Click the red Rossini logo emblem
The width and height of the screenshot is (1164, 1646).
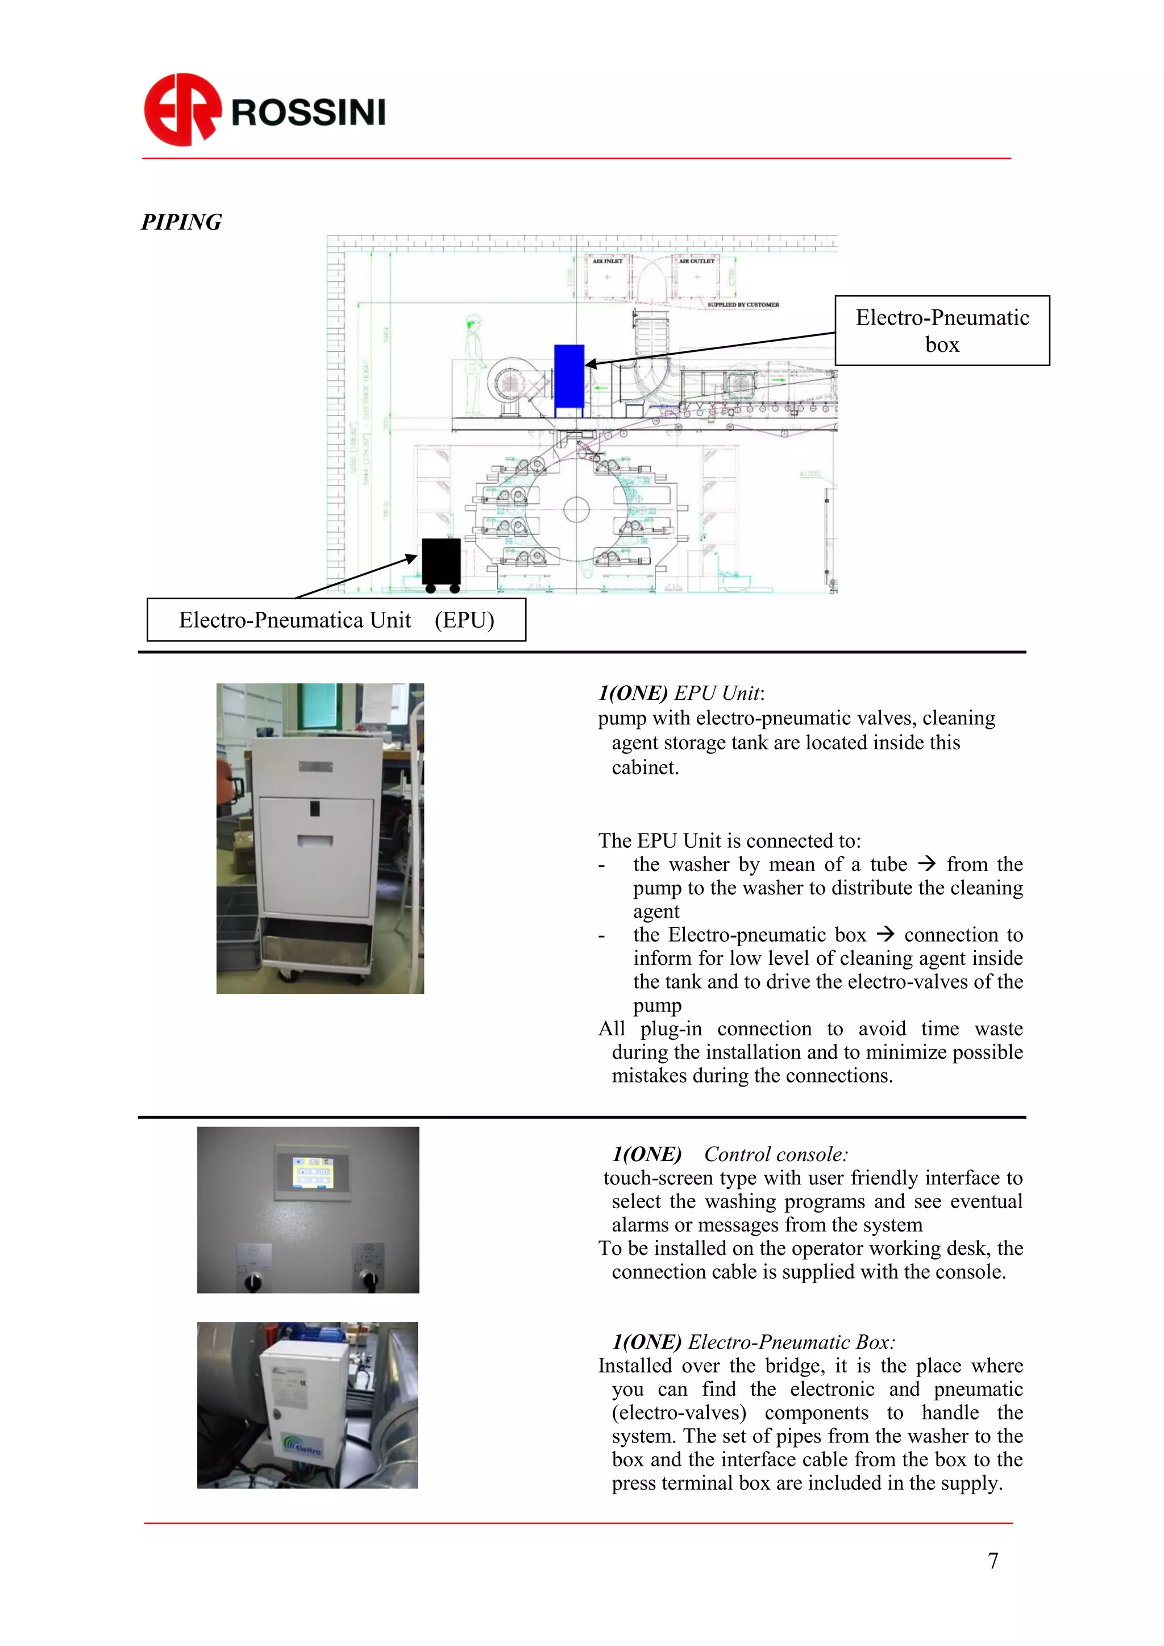tap(182, 110)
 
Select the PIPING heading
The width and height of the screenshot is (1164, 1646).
tap(181, 222)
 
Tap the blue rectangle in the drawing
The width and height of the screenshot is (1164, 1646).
tap(569, 376)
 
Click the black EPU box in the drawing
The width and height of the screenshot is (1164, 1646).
tap(441, 561)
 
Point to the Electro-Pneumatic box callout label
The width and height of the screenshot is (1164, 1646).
tap(942, 330)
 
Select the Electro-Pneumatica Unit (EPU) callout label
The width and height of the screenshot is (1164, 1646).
tap(336, 619)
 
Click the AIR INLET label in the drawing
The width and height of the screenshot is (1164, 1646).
tap(607, 261)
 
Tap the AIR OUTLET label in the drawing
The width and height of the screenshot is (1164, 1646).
tap(697, 261)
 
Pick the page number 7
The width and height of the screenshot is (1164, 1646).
tap(993, 1560)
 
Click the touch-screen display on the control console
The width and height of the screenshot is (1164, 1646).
tap(312, 1171)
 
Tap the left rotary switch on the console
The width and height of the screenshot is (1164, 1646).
tap(253, 1280)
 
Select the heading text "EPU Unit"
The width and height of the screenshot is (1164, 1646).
tap(717, 693)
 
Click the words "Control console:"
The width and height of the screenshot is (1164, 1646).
tap(775, 1154)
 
